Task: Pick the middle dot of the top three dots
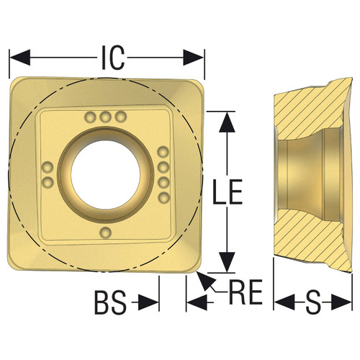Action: [x=106, y=117]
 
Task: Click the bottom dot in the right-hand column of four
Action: [x=163, y=195]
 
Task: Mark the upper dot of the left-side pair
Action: [x=48, y=167]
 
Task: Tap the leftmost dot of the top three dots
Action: [x=91, y=117]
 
